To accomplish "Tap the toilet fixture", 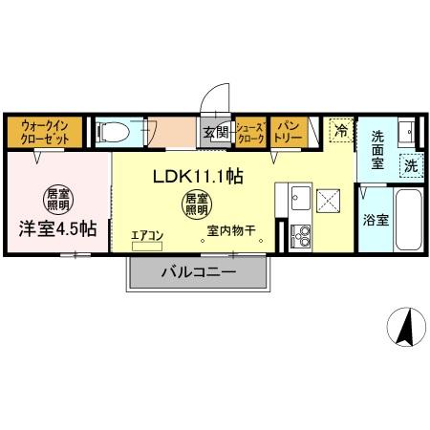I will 114,130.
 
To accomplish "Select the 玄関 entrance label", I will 214,133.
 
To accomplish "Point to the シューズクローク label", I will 250,132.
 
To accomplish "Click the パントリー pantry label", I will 287,132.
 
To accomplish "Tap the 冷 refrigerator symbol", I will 339,131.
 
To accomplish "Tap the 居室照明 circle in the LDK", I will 195,204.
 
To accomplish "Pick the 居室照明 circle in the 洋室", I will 58,199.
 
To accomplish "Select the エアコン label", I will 147,232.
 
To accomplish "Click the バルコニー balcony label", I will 198,273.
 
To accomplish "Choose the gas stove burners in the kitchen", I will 300,232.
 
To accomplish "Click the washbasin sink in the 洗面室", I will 404,130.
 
